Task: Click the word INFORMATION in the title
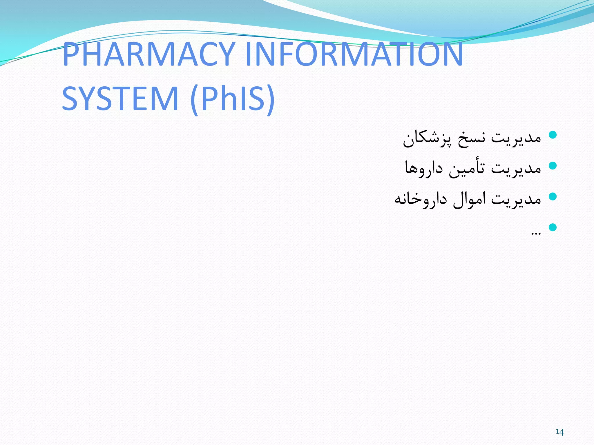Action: pyautogui.click(x=354, y=54)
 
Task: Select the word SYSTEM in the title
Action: pyautogui.click(x=120, y=99)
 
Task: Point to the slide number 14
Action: pyautogui.click(x=560, y=432)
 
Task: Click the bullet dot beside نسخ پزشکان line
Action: pyautogui.click(x=553, y=135)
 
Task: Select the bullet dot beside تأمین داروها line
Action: pyautogui.click(x=553, y=166)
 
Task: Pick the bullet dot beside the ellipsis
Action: pyautogui.click(x=553, y=227)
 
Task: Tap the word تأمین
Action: pyautogui.click(x=467, y=168)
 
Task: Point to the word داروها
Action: pyautogui.click(x=424, y=168)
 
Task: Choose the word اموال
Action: pyautogui.click(x=469, y=199)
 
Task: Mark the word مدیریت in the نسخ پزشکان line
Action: pyautogui.click(x=516, y=138)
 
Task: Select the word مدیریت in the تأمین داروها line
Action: pyautogui.click(x=516, y=168)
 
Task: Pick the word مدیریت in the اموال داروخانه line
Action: pyautogui.click(x=516, y=199)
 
